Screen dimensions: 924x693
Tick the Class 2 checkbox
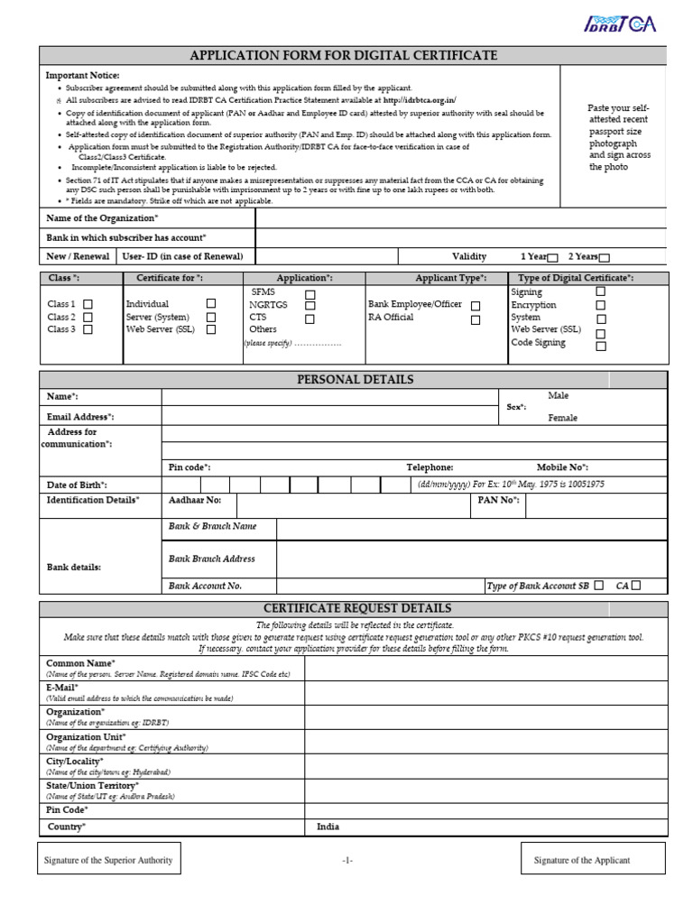[x=88, y=318]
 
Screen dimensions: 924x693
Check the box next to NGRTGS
[x=310, y=307]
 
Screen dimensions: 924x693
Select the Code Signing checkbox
[x=601, y=346]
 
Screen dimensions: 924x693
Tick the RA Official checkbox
[x=476, y=319]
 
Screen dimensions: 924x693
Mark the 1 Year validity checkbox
[x=553, y=258]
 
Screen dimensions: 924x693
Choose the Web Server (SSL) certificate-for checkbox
[x=211, y=330]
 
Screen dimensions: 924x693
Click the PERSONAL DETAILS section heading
[x=355, y=380]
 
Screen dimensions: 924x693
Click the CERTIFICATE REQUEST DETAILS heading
[x=355, y=609]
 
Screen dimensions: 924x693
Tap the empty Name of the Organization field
[x=460, y=218]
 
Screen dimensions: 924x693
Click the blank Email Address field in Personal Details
[x=329, y=417]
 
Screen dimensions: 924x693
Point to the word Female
[x=562, y=418]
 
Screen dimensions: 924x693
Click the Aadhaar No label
[x=194, y=500]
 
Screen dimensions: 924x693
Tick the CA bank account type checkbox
[x=636, y=585]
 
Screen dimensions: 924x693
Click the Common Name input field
[x=485, y=668]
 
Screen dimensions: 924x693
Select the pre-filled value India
[x=328, y=827]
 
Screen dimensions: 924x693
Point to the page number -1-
[x=346, y=861]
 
